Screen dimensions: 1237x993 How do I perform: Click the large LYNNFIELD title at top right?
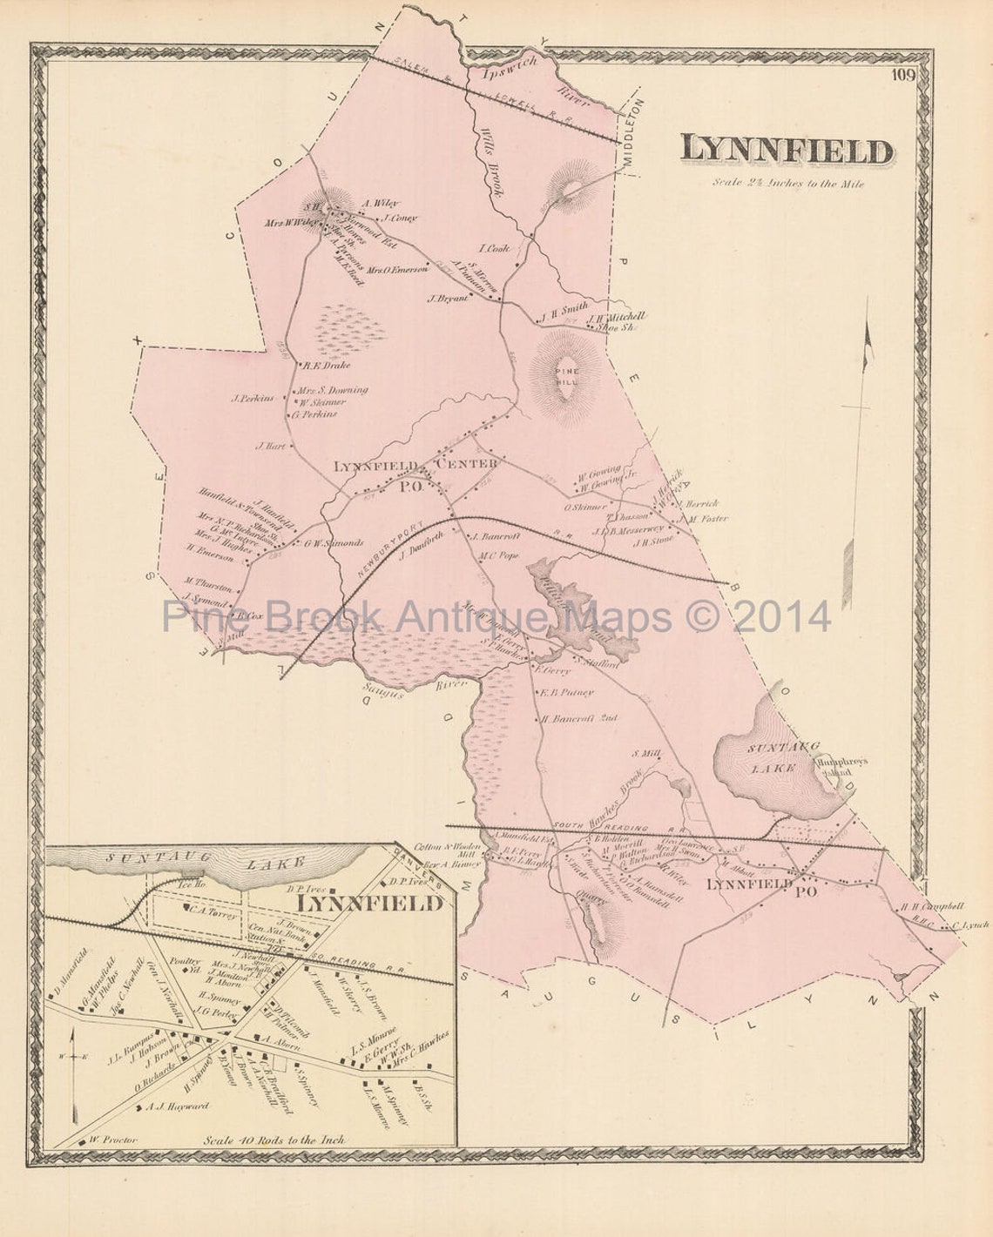[x=787, y=151]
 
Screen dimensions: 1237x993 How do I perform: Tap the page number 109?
[x=902, y=75]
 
